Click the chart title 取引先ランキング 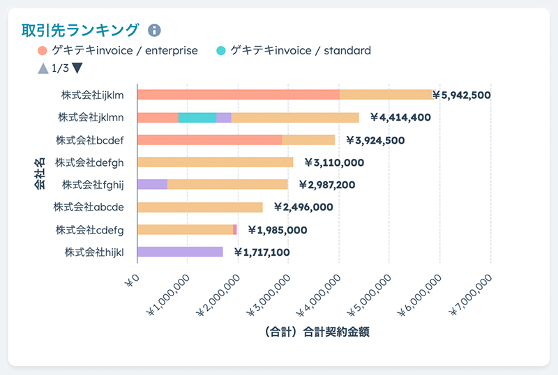point(81,29)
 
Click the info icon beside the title point(154,30)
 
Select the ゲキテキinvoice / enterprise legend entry point(118,50)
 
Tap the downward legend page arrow point(77,68)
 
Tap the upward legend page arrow point(43,68)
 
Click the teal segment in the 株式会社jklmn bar point(197,117)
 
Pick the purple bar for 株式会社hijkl point(180,252)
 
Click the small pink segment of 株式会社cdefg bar point(235,229)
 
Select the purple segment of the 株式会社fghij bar point(152,184)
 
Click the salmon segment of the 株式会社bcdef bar point(209,139)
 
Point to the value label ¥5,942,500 point(462,95)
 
